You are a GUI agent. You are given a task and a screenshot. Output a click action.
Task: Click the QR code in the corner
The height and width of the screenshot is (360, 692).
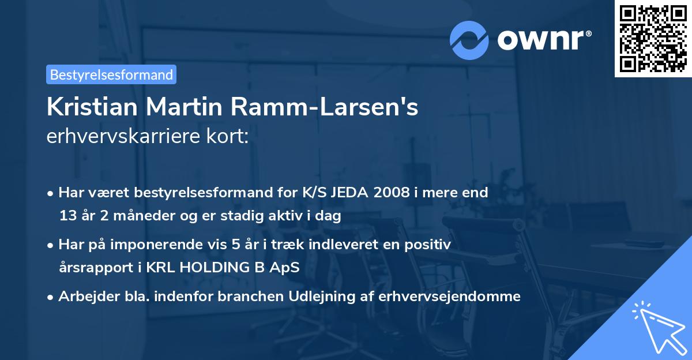point(653,39)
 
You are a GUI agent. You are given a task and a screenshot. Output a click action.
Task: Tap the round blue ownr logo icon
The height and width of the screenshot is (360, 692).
point(469,40)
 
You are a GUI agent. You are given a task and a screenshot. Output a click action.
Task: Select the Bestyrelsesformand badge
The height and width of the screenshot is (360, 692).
point(111,74)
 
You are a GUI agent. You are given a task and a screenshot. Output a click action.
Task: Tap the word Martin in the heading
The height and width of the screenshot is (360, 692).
point(176,108)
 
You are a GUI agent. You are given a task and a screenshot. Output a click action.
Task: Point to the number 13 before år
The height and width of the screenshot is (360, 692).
point(67,216)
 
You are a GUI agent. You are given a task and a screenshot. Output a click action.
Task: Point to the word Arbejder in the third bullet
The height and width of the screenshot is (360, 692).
point(82,297)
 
